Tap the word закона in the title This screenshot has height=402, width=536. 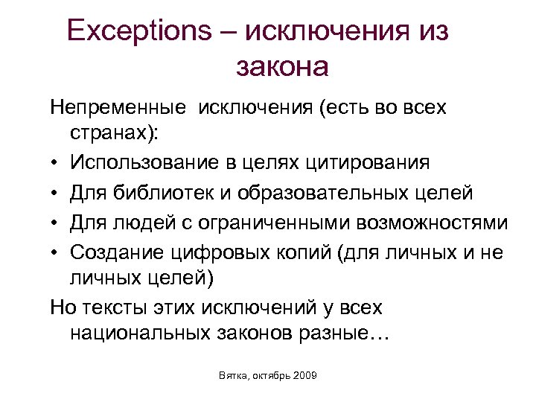point(282,66)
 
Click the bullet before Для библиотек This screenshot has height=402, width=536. point(55,194)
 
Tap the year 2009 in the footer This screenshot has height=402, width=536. point(304,377)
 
